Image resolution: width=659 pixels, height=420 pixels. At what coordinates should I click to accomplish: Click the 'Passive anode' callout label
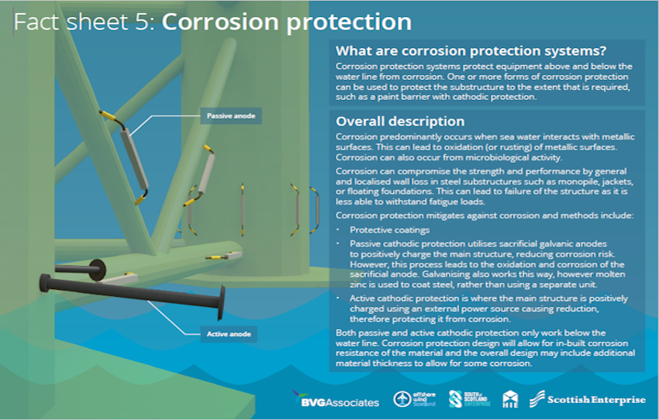coord(231,116)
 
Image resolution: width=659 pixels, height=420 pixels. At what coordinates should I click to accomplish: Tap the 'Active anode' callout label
coord(229,334)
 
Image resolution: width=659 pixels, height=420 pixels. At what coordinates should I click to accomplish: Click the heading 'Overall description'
coord(400,122)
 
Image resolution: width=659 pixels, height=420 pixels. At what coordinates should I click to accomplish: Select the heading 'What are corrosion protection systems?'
coord(471,51)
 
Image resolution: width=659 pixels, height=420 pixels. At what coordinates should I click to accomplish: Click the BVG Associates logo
coord(336,398)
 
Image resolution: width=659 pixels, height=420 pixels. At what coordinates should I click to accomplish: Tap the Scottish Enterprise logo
coord(587,399)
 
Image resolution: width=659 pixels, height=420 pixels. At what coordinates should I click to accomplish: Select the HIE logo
coord(510,399)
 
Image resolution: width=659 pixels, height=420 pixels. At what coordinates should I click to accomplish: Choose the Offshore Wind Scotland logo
coord(415,399)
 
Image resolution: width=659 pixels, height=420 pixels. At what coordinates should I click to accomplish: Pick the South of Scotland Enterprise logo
coord(470,399)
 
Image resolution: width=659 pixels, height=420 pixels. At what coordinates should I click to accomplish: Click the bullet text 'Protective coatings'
coord(390,229)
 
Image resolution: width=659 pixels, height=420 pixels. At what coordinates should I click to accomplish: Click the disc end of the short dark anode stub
coord(98,269)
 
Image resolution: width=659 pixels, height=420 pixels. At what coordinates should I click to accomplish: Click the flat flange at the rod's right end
coord(221,302)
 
